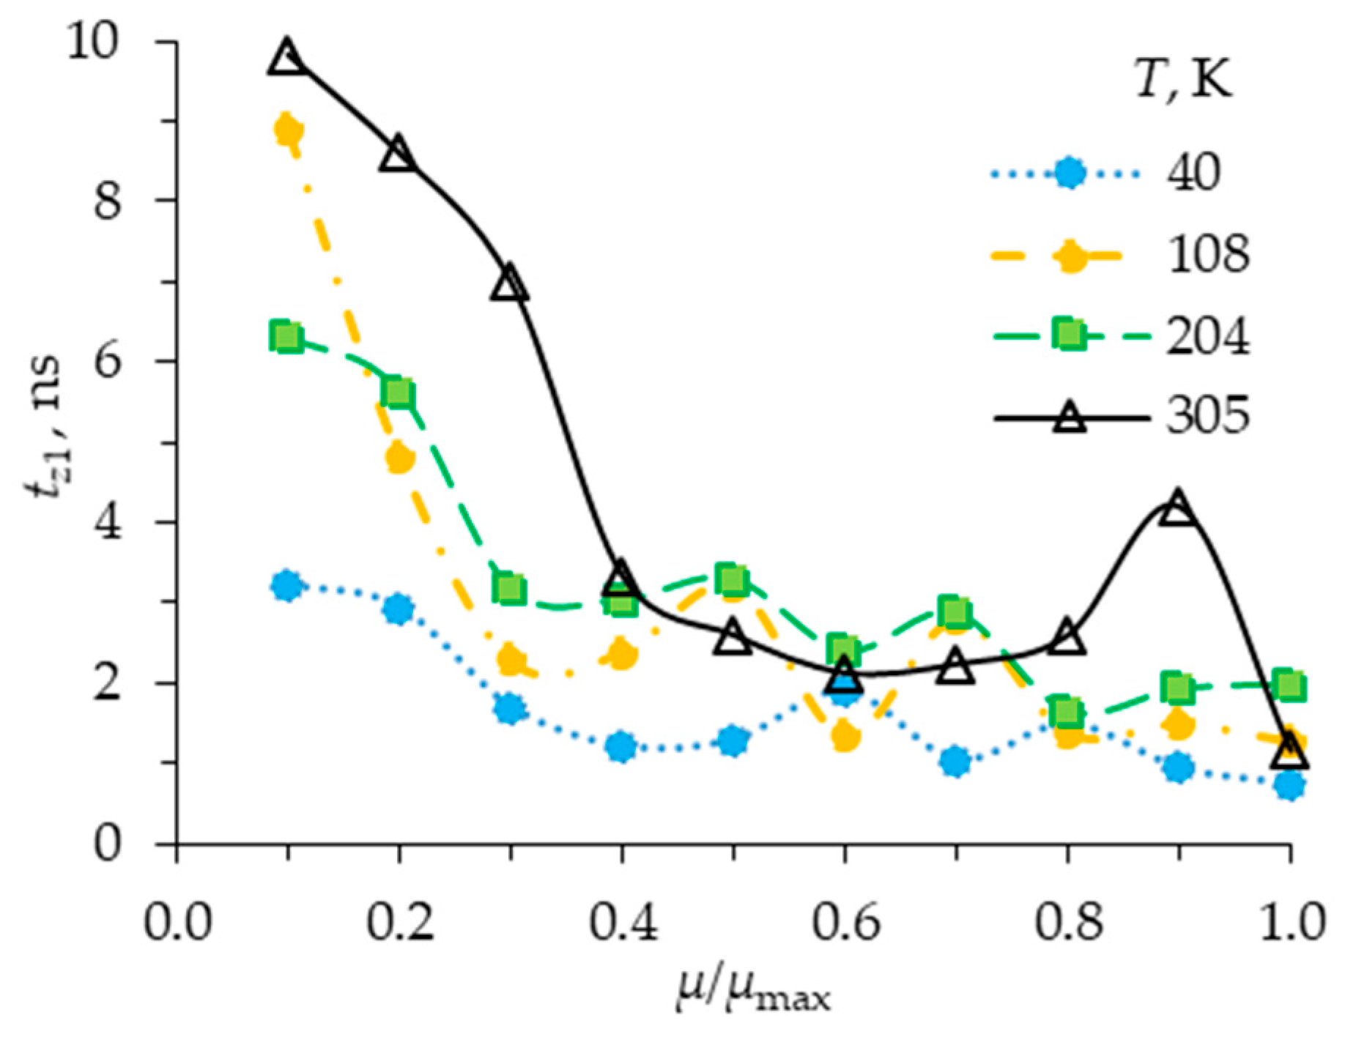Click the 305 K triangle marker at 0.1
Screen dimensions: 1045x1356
click(286, 57)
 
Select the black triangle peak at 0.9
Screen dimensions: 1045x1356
click(1177, 507)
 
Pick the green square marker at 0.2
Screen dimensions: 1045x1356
click(398, 393)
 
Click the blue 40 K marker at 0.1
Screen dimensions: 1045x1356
click(286, 585)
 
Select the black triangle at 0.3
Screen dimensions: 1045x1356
click(510, 284)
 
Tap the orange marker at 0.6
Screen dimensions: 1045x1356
click(845, 735)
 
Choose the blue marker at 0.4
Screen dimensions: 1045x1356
click(621, 746)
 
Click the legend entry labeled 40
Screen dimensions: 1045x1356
click(1193, 174)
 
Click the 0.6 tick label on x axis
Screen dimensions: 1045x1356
click(845, 922)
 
